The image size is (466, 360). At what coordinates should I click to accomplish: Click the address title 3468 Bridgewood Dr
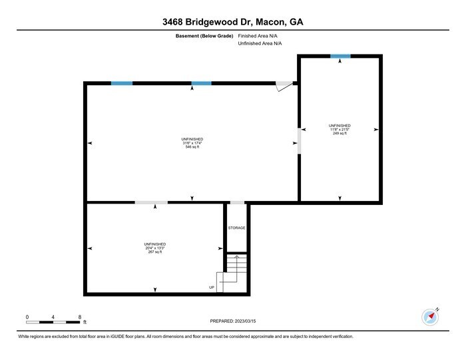(233, 22)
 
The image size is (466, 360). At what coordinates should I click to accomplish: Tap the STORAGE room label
(236, 228)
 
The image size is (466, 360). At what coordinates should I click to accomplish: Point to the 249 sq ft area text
(340, 134)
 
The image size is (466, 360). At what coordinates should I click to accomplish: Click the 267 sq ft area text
(155, 252)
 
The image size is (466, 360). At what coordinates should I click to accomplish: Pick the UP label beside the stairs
(212, 287)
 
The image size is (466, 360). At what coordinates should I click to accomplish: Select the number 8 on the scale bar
(79, 317)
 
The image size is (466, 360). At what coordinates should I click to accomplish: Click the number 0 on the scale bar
(27, 317)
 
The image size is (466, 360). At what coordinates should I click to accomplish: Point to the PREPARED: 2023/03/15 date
(232, 321)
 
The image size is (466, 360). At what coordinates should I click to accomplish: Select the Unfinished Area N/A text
(261, 43)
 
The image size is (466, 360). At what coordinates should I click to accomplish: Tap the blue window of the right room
(340, 56)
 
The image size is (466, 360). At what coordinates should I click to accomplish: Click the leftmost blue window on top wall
(121, 83)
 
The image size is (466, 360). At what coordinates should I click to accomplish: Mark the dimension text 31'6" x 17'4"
(192, 142)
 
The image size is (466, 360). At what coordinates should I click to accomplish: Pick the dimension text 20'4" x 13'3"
(155, 248)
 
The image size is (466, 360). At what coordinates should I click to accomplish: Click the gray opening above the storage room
(237, 202)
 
